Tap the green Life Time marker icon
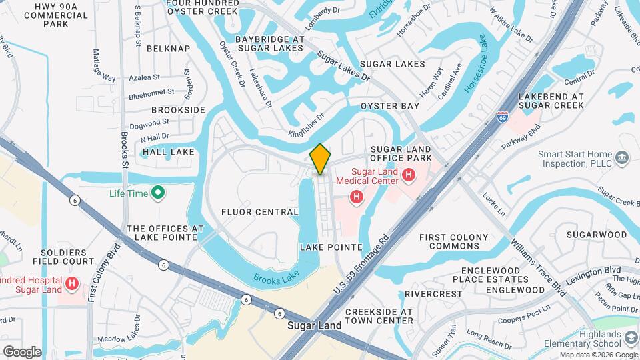point(158,194)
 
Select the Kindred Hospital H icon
point(73,285)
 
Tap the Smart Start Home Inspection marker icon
point(623,157)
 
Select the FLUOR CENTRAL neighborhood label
point(259,212)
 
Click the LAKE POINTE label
point(331,247)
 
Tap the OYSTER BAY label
point(390,106)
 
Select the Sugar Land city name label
point(314,326)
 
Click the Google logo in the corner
point(22,351)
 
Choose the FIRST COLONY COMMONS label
point(453,241)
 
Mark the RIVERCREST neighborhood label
point(433,293)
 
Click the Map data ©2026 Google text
point(598,355)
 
